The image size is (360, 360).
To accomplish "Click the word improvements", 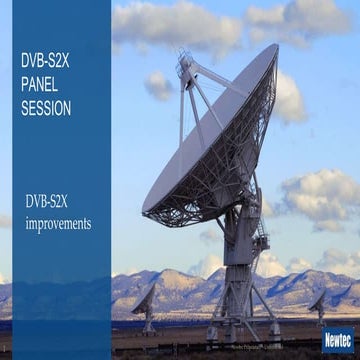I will [x=58, y=224].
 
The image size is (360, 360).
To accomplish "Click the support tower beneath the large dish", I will [x=240, y=270].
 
